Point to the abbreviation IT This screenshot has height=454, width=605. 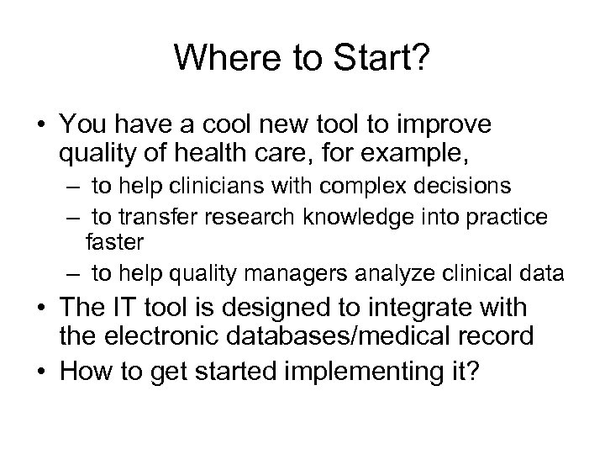[146, 308]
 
